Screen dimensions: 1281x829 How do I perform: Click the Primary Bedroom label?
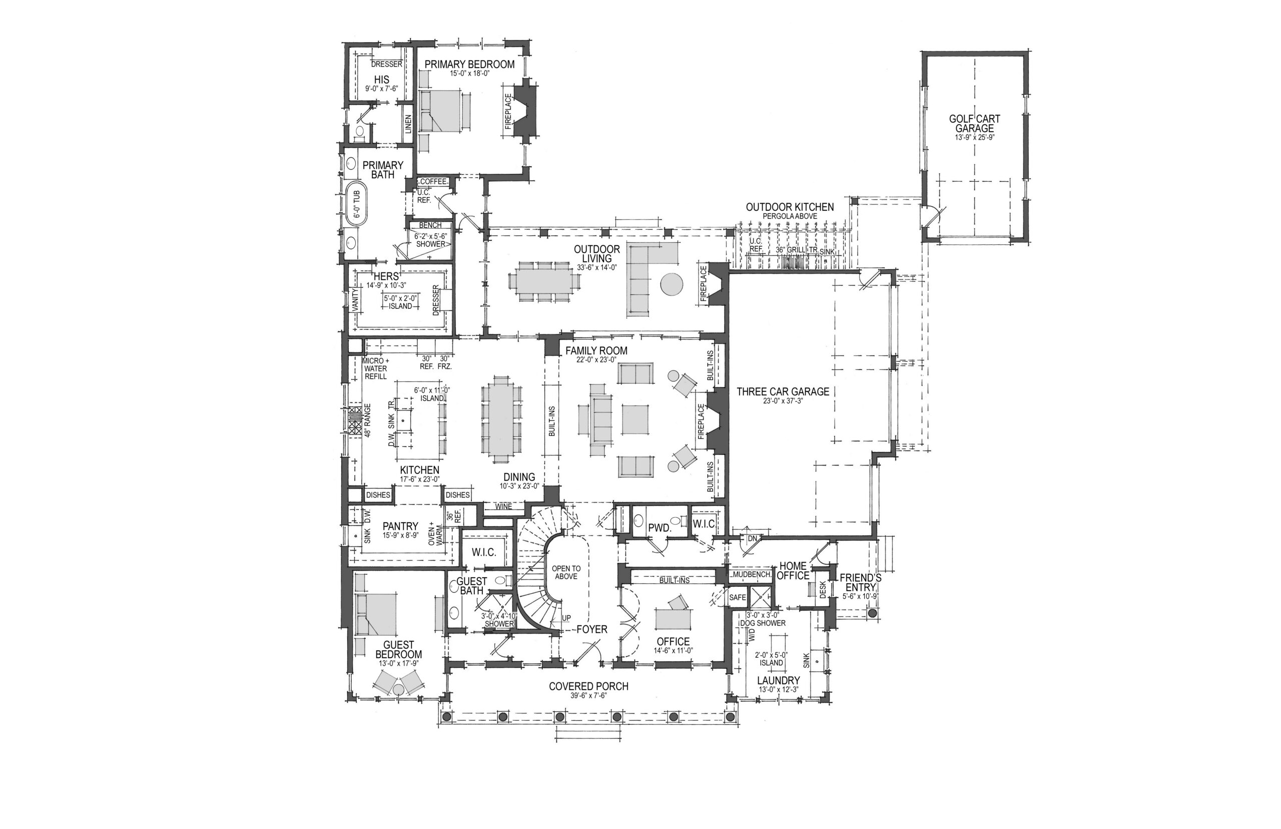pyautogui.click(x=469, y=65)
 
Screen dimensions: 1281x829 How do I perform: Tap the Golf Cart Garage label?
pyautogui.click(x=974, y=123)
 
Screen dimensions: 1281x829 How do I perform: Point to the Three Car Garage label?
pyautogui.click(x=783, y=392)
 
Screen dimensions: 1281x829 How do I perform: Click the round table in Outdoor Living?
pyautogui.click(x=672, y=284)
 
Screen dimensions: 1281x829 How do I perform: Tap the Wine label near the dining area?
pyautogui.click(x=503, y=507)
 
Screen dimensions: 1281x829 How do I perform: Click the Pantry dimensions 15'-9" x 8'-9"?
pyautogui.click(x=400, y=536)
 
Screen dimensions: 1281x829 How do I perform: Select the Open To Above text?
pyautogui.click(x=566, y=572)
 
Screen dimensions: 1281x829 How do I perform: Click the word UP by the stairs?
pyautogui.click(x=566, y=618)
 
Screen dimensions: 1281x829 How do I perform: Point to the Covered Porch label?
pyautogui.click(x=588, y=686)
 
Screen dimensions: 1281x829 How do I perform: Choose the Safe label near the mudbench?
pyautogui.click(x=738, y=597)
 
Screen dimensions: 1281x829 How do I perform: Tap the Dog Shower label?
pyautogui.click(x=763, y=623)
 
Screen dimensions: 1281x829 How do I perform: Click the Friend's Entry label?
pyautogui.click(x=861, y=583)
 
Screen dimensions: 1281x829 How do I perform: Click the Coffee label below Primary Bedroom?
pyautogui.click(x=433, y=181)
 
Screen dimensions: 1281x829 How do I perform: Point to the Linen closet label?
pyautogui.click(x=408, y=125)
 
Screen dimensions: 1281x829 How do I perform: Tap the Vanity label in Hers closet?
pyautogui.click(x=355, y=300)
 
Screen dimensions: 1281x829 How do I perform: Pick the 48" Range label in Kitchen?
pyautogui.click(x=368, y=420)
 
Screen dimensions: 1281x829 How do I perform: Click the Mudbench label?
pyautogui.click(x=752, y=575)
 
